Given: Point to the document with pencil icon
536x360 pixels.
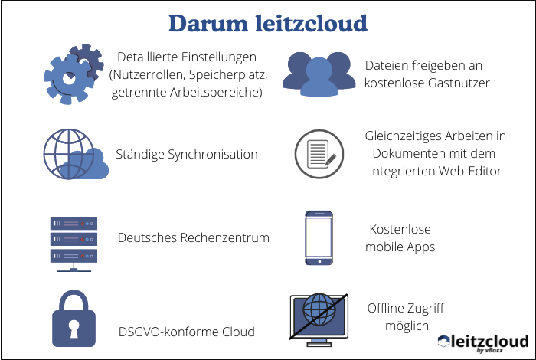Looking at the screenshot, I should click(320, 153).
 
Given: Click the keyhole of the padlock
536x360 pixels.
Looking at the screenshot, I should click(74, 329).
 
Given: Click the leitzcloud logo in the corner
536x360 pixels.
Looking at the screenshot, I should click(482, 342).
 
